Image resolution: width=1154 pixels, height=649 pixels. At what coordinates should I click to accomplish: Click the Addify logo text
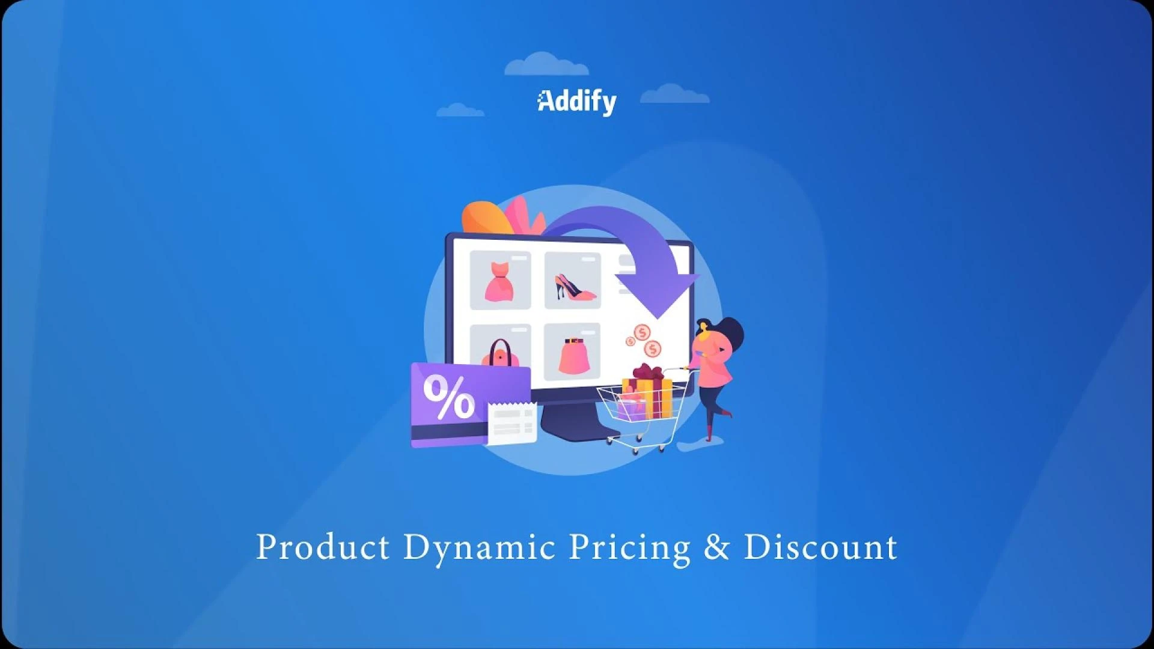pos(577,102)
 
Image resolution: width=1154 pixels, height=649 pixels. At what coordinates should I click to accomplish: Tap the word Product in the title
pos(323,547)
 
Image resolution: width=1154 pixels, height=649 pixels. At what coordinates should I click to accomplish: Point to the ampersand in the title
pos(716,547)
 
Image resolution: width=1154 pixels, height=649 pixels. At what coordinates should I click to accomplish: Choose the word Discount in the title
pos(820,547)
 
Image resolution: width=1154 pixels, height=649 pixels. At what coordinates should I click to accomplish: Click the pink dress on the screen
pos(499,282)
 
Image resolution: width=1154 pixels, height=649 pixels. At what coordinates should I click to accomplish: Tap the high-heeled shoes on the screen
pos(575,287)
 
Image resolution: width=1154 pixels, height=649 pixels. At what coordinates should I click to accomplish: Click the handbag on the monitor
pos(500,353)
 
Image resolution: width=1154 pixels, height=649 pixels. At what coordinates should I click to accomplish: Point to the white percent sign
pos(448,397)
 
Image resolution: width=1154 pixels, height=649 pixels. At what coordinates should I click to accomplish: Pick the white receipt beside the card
pos(512,424)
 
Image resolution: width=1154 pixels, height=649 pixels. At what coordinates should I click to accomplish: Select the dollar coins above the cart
pos(644,341)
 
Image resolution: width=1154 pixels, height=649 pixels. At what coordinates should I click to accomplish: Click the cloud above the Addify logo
pos(546,64)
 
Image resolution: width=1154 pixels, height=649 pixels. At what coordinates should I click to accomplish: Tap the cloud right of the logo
pos(674,94)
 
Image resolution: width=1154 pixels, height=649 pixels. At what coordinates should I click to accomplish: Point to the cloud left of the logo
pos(460,110)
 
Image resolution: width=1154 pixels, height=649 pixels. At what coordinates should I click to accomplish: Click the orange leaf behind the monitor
pos(486,218)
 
